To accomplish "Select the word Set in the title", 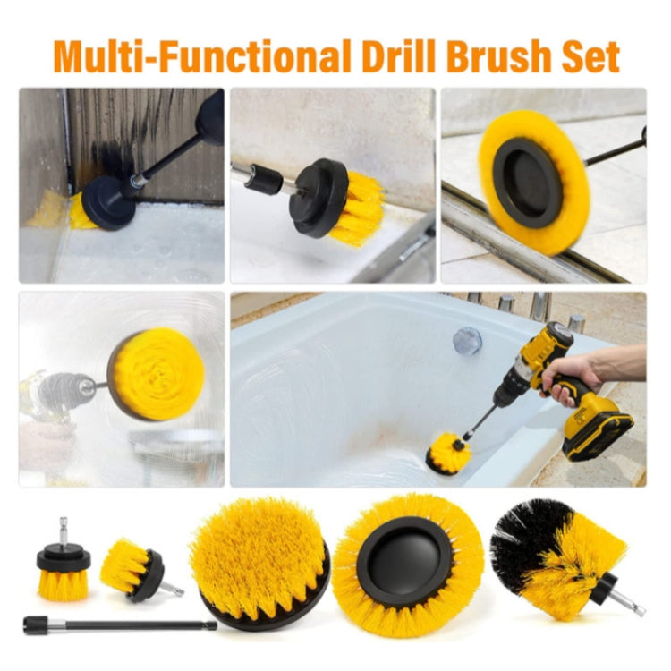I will click(594, 55).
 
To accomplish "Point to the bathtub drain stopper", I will click(466, 339).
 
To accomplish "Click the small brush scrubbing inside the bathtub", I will click(447, 453).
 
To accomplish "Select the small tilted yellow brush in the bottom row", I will click(132, 569).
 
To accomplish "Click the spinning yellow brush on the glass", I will click(157, 374).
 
